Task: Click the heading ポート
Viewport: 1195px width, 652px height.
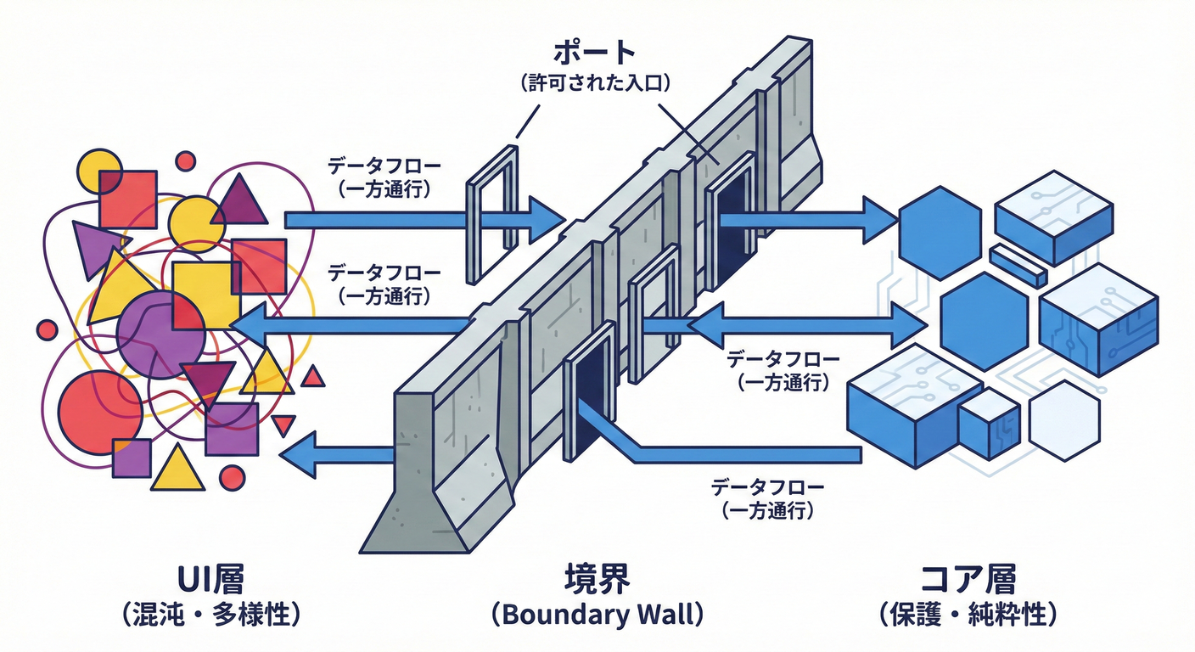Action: tap(594, 53)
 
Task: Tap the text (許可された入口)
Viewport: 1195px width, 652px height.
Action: tap(594, 83)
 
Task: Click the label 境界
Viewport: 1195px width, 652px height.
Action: tap(597, 580)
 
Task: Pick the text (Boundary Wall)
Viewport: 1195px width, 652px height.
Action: tap(597, 615)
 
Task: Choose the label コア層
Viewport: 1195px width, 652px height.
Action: tap(968, 580)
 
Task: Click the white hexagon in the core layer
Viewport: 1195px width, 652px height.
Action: tap(1064, 421)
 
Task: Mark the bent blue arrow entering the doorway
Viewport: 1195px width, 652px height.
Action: tap(721, 452)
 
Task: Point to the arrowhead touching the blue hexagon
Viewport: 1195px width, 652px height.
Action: tap(883, 221)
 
